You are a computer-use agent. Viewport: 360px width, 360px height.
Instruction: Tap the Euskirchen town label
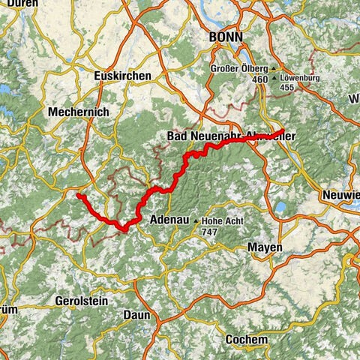tap(122, 76)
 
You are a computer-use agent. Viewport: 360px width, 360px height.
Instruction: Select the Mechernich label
tap(78, 111)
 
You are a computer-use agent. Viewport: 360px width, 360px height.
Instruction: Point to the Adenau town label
tap(168, 220)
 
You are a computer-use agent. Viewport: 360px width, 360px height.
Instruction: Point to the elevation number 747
tap(211, 232)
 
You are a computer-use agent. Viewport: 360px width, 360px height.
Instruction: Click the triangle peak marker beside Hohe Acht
tap(196, 221)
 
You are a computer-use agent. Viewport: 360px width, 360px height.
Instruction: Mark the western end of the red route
tap(78, 196)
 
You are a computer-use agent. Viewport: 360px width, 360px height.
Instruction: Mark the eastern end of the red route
tap(283, 131)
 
